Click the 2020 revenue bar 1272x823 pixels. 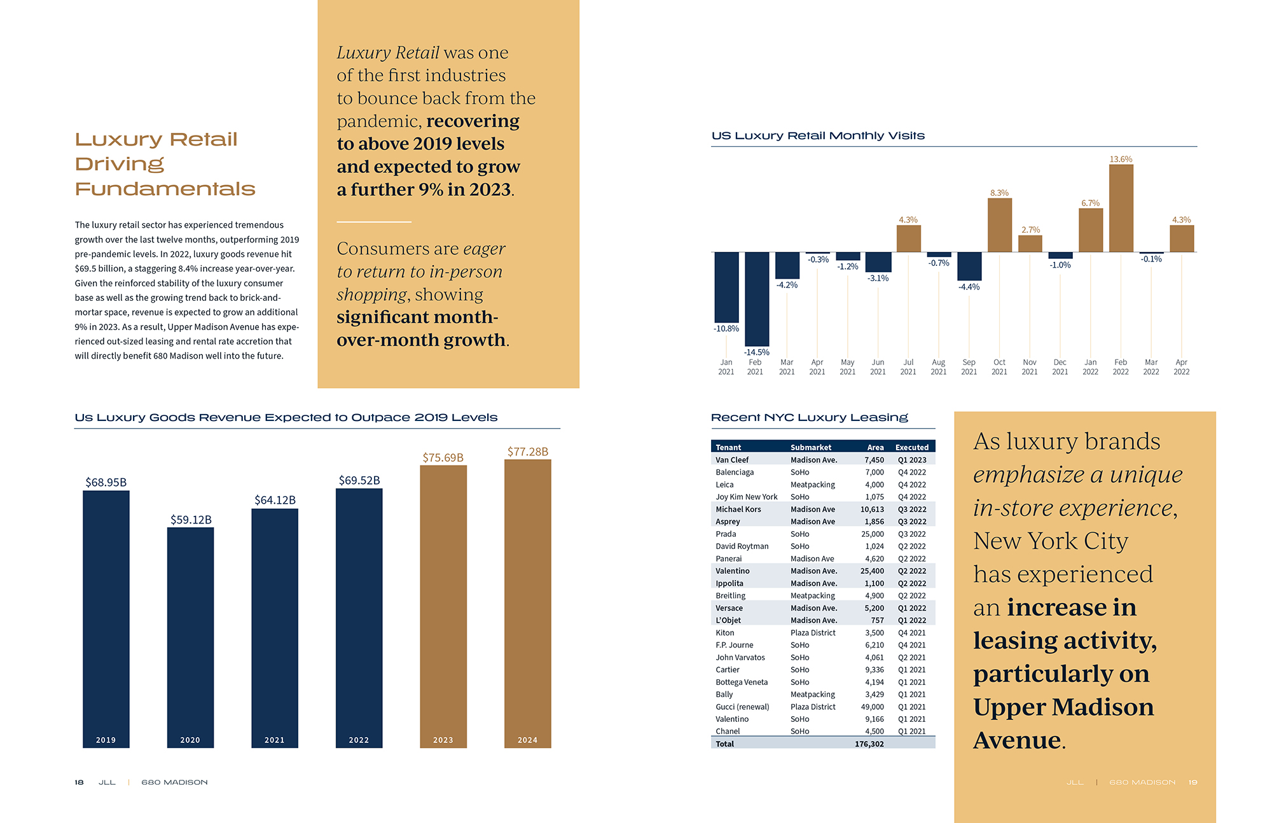[x=190, y=636]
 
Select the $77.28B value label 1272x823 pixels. [x=527, y=452]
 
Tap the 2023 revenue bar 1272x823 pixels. [x=443, y=604]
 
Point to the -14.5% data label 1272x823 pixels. [x=756, y=352]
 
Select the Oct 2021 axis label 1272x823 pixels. [x=999, y=367]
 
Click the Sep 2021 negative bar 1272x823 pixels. [x=969, y=266]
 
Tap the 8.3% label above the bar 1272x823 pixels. [x=999, y=193]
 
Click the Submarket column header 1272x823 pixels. [x=810, y=447]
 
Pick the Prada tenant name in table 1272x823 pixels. [x=726, y=534]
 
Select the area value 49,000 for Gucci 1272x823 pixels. [x=872, y=707]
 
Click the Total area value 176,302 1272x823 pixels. [x=869, y=743]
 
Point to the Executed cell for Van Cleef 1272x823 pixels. [x=911, y=460]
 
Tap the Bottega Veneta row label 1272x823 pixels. [x=742, y=682]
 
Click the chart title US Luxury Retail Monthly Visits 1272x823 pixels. [x=818, y=135]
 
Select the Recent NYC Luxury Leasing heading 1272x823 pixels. [x=809, y=417]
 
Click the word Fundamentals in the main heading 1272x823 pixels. [x=165, y=189]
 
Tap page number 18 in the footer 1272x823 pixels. [x=79, y=782]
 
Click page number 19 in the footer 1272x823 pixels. [x=1192, y=782]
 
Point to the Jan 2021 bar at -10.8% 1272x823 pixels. [x=726, y=287]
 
